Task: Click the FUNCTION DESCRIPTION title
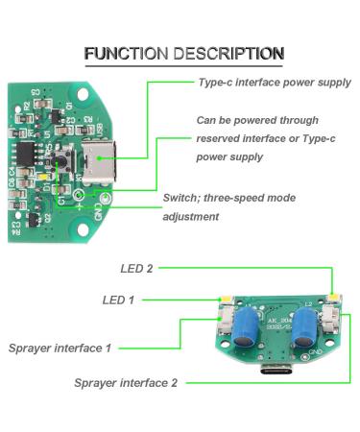[x=183, y=53]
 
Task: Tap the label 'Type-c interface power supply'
[x=274, y=83]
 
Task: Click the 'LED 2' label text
[x=136, y=268]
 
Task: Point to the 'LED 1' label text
[x=118, y=300]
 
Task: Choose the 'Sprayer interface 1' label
[x=60, y=347]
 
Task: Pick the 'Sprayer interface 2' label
[x=126, y=382]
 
